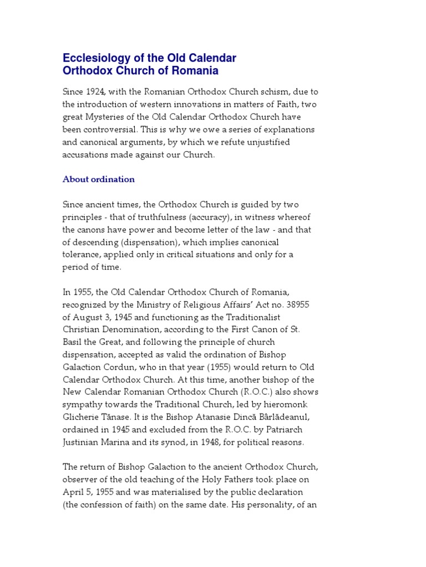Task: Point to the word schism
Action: click(263, 92)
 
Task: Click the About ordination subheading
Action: click(98, 179)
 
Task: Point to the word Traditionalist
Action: click(252, 317)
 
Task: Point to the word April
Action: click(73, 480)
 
